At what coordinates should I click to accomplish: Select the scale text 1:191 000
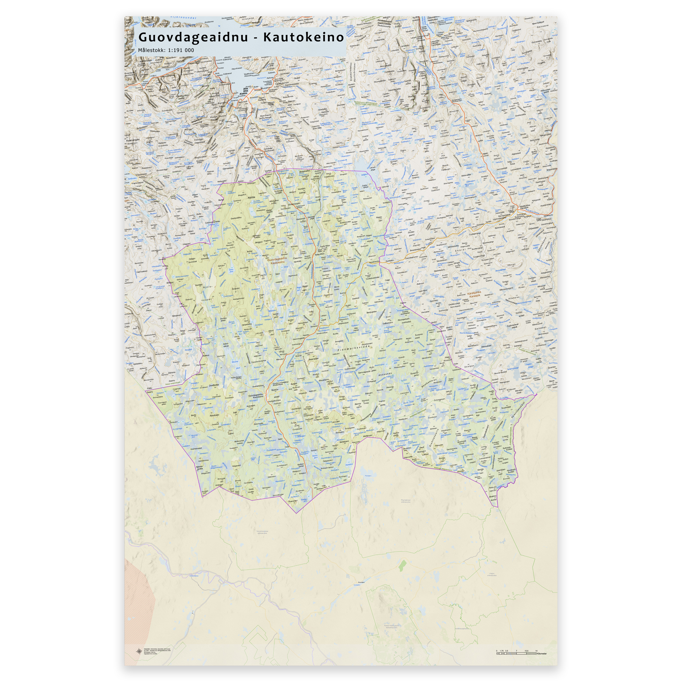click(x=181, y=50)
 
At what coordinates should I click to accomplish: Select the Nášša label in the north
click(x=251, y=197)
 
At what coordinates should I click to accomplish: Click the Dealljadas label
click(x=214, y=385)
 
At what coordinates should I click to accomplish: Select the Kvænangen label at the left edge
click(x=133, y=140)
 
